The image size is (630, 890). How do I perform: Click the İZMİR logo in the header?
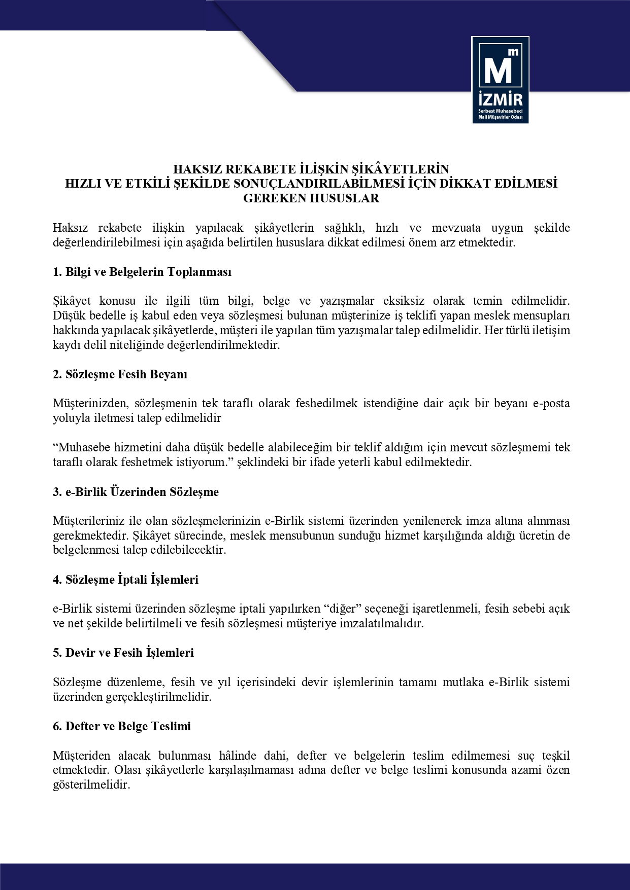(x=500, y=80)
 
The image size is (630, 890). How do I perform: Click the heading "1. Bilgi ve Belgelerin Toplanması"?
(x=142, y=272)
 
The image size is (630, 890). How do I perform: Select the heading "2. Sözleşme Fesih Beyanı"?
(x=120, y=374)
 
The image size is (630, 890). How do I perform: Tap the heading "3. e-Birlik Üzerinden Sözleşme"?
(x=136, y=492)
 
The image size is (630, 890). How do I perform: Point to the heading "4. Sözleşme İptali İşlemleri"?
(x=125, y=579)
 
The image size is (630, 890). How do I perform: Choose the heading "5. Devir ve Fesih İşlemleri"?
(x=123, y=652)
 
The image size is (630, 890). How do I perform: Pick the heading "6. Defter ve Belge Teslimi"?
(x=122, y=726)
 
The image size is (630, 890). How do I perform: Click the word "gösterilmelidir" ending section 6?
(x=91, y=785)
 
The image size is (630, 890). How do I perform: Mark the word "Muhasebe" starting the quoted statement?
(x=82, y=448)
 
